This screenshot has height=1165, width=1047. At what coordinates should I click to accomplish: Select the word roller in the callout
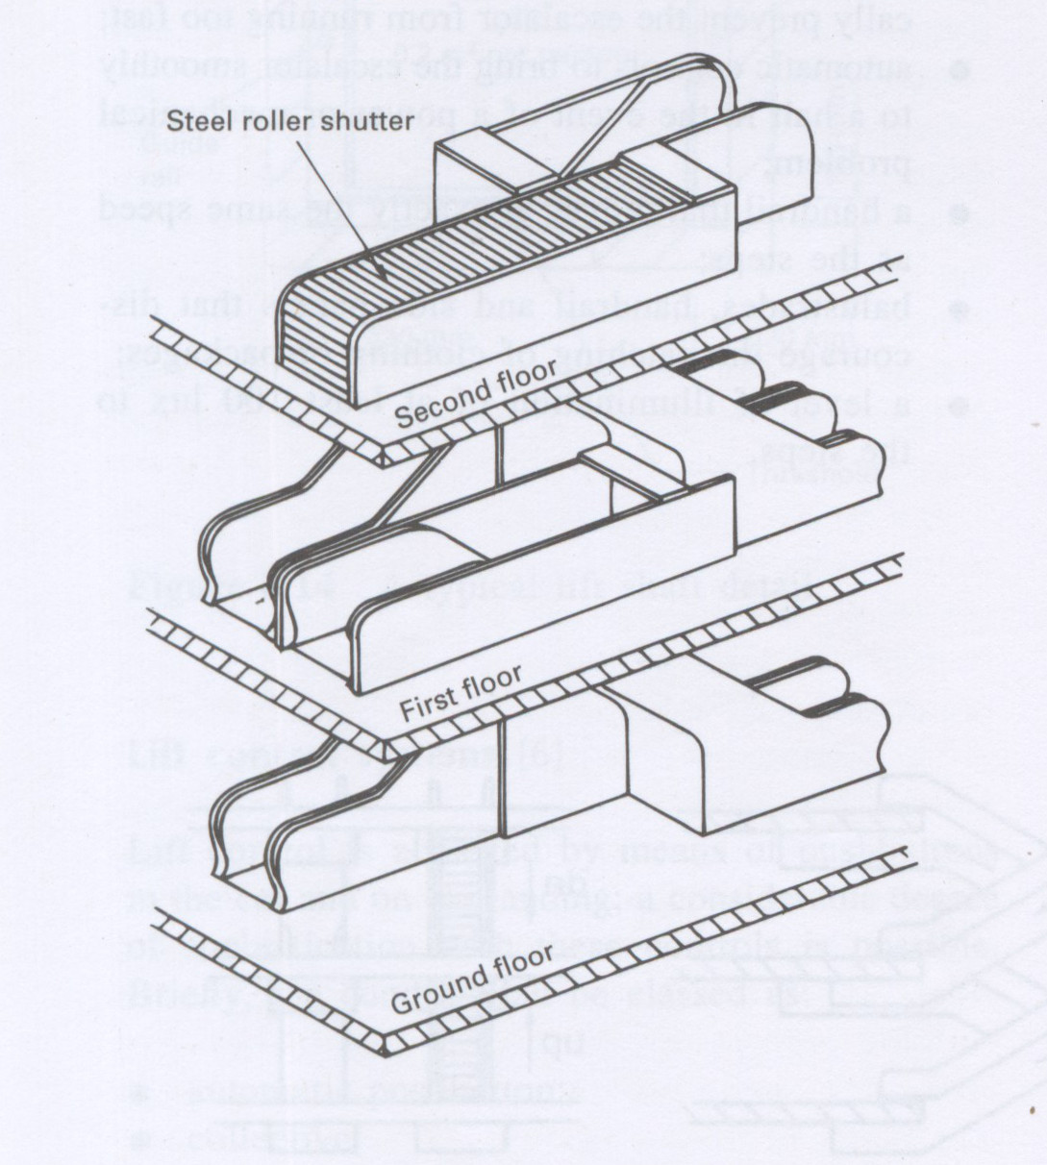263,122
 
